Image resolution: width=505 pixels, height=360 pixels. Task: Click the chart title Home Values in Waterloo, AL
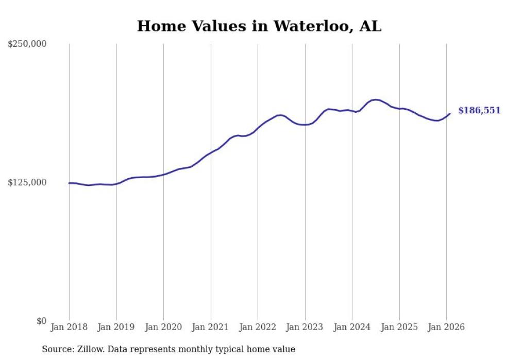point(259,26)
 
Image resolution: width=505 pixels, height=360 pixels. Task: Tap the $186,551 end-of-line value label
point(479,111)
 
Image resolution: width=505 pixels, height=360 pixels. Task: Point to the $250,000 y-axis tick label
point(27,44)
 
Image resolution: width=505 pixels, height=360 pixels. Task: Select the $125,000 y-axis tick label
point(27,182)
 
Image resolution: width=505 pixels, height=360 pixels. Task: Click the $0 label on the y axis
point(41,321)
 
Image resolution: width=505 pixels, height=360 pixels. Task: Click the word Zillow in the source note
point(92,350)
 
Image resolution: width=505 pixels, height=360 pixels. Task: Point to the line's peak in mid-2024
point(376,99)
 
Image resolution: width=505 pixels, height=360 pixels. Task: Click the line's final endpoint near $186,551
point(450,113)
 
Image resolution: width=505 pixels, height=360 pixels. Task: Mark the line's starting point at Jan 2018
point(69,183)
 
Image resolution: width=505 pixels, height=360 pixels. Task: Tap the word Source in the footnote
point(57,350)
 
